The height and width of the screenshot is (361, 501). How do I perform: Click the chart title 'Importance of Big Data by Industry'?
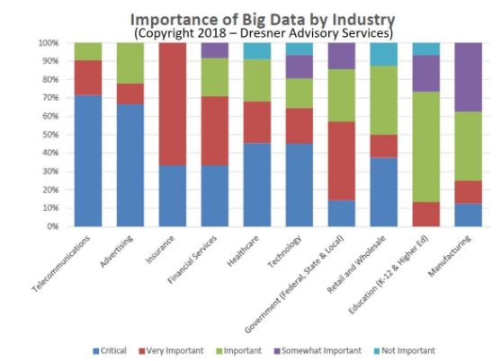tap(250, 19)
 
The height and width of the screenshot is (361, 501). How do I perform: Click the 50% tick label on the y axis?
tap(49, 135)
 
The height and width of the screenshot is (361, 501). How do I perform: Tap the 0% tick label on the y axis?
tap(52, 226)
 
